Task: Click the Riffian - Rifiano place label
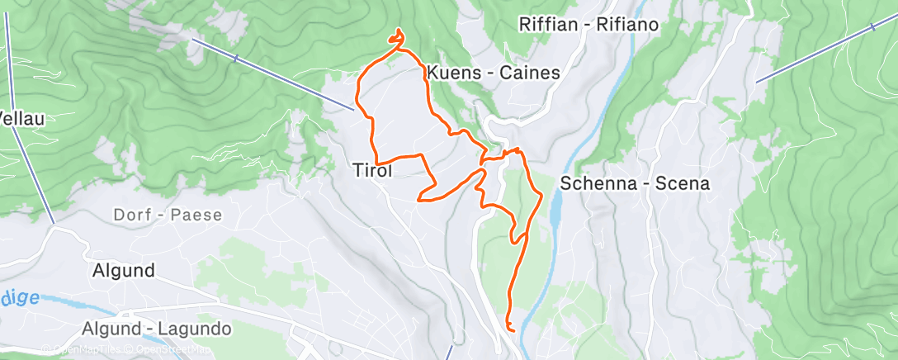tap(589, 24)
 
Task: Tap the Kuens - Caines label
tap(494, 73)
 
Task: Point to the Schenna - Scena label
tap(635, 183)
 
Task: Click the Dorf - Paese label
tap(168, 216)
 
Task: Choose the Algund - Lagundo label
tap(157, 329)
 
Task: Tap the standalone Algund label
tap(124, 271)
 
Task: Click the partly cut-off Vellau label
tap(21, 119)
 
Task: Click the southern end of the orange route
tap(513, 330)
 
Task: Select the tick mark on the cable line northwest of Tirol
tap(236, 58)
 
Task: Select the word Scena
tap(683, 183)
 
